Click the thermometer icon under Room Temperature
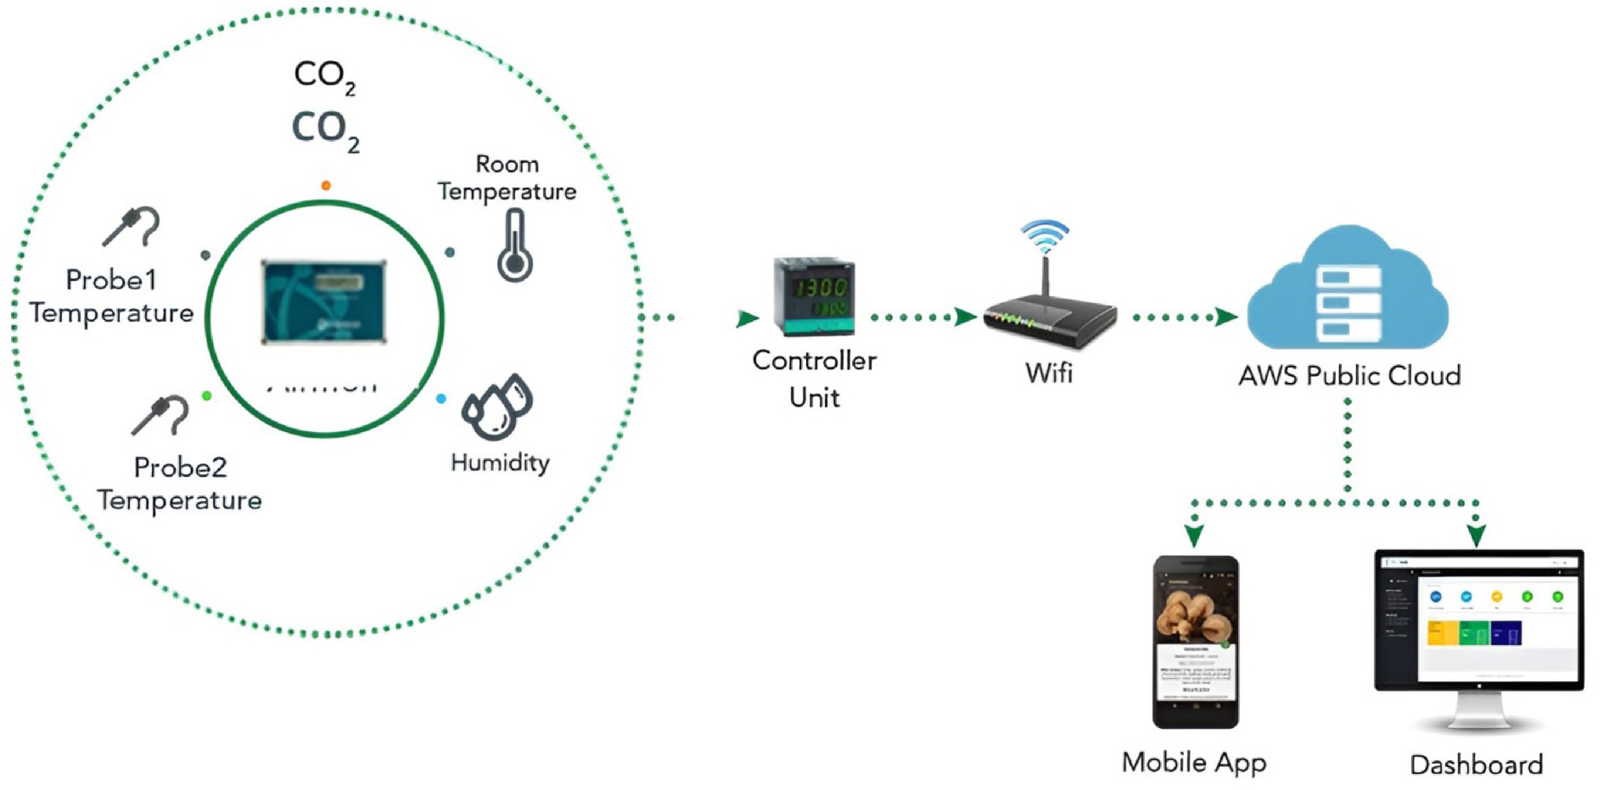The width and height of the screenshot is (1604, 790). click(x=514, y=246)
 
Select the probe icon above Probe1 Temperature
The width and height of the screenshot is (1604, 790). click(x=132, y=226)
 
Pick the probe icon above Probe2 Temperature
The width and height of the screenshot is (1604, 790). click(x=161, y=414)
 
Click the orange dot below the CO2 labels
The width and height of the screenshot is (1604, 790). click(x=325, y=186)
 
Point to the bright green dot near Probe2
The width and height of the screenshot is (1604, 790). click(x=207, y=396)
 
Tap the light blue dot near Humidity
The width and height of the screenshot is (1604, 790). click(x=441, y=399)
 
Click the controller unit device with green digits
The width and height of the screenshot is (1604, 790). click(x=814, y=297)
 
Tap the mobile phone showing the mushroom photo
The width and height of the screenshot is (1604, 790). click(x=1196, y=641)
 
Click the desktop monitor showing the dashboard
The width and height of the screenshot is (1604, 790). click(x=1479, y=629)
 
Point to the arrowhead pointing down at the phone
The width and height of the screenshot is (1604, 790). click(x=1194, y=535)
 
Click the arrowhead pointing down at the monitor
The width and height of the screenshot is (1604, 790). click(x=1476, y=535)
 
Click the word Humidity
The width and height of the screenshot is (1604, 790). click(x=500, y=463)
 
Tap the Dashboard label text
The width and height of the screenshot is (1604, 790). click(x=1476, y=764)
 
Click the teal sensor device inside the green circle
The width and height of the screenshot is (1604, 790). click(x=324, y=303)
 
